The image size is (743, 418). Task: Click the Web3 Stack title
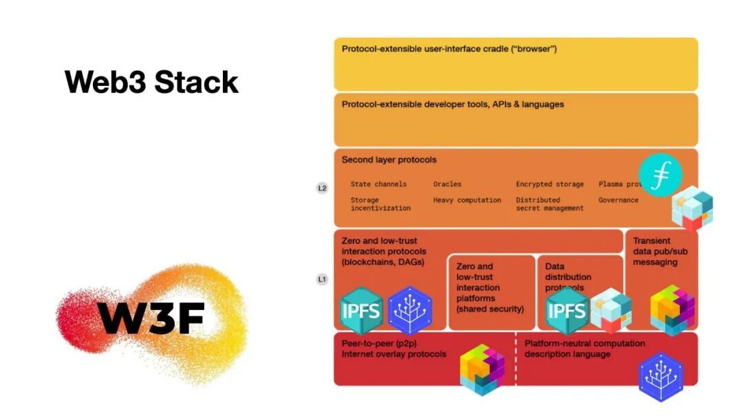pyautogui.click(x=151, y=82)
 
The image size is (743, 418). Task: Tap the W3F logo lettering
pyautogui.click(x=151, y=318)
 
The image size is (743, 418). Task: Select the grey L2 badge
pyautogui.click(x=322, y=188)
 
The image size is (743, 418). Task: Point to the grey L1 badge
pyautogui.click(x=322, y=280)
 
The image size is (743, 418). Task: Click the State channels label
pyautogui.click(x=378, y=184)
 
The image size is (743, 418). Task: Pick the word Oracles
pyautogui.click(x=447, y=184)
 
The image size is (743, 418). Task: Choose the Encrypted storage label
pyautogui.click(x=550, y=184)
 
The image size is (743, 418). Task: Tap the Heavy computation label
pyautogui.click(x=467, y=200)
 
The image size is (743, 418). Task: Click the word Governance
pyautogui.click(x=618, y=200)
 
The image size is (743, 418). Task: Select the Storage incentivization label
pyautogui.click(x=380, y=204)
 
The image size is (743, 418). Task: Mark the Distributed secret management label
pyautogui.click(x=550, y=204)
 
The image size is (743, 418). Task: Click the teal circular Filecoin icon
pyautogui.click(x=660, y=175)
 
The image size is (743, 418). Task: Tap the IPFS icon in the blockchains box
pyautogui.click(x=362, y=310)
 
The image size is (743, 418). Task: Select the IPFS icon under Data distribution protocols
pyautogui.click(x=567, y=311)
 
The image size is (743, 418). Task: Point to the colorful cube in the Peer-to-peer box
pyautogui.click(x=482, y=369)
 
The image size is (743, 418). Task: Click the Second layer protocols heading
pyautogui.click(x=389, y=160)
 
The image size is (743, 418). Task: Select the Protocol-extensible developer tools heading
pyautogui.click(x=453, y=104)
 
